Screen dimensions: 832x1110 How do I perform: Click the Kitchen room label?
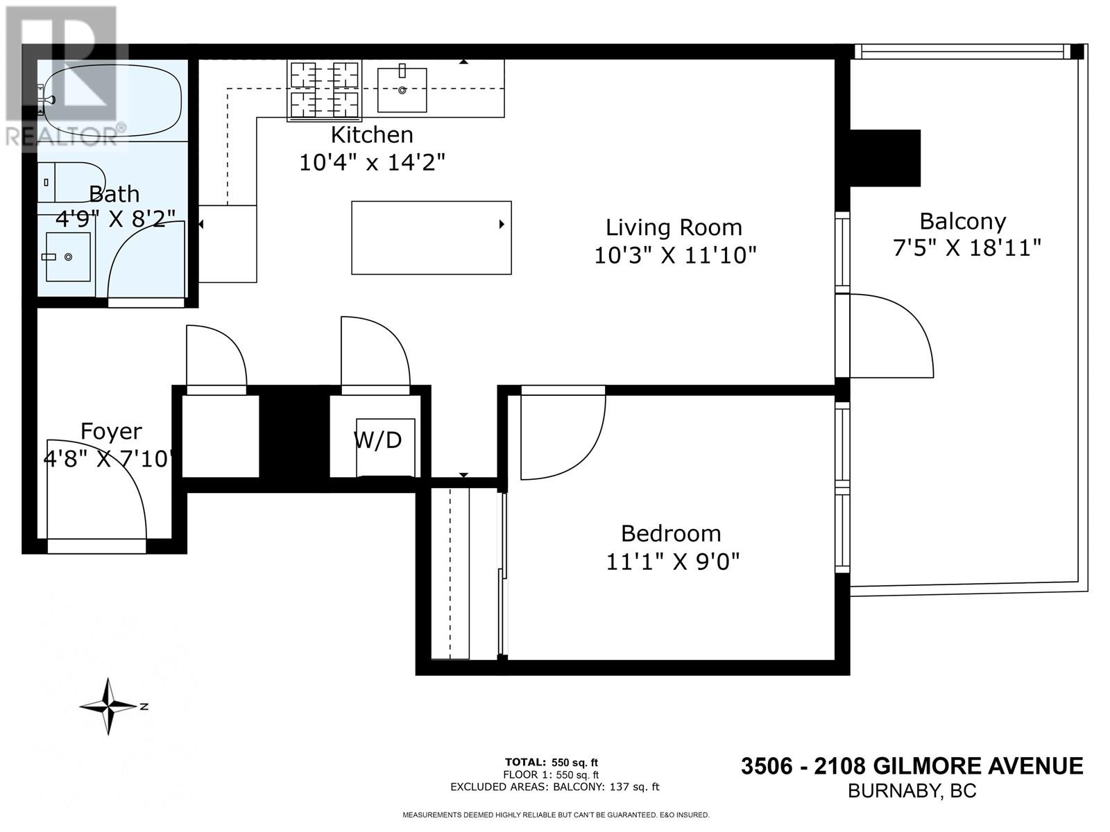tap(372, 135)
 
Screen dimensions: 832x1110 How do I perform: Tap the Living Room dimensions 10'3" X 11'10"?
tap(674, 255)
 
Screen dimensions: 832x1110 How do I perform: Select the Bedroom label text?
tap(670, 533)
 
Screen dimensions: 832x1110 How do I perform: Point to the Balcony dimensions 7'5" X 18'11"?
tap(966, 248)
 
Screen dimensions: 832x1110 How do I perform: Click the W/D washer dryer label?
tap(378, 440)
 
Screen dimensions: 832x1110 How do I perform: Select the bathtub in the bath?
tap(111, 101)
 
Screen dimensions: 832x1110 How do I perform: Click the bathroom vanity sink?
tap(68, 257)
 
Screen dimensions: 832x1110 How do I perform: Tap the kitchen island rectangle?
tap(431, 238)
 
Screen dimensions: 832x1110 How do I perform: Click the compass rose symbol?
tap(110, 707)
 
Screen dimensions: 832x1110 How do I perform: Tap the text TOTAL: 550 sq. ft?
tap(552, 763)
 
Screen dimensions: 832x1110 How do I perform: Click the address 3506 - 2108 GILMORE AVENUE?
tap(912, 766)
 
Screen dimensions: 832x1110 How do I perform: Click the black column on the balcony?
tap(885, 158)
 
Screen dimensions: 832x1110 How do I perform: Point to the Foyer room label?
tap(111, 431)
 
